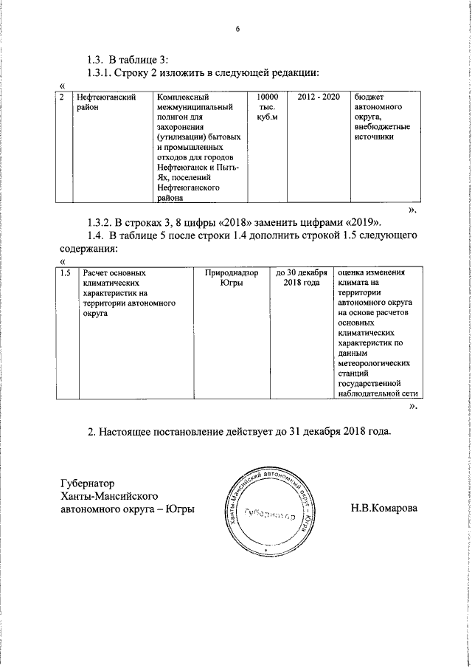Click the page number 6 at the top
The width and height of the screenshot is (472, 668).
click(x=237, y=30)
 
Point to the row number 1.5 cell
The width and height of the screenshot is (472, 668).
click(x=65, y=273)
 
